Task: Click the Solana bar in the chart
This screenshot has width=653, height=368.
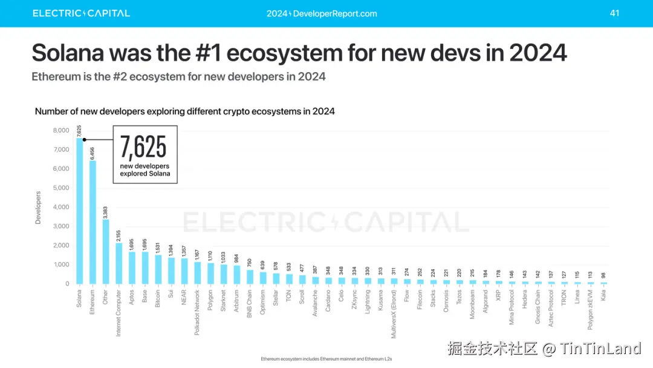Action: pyautogui.click(x=80, y=212)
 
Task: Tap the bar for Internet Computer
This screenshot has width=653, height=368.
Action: pyautogui.click(x=119, y=264)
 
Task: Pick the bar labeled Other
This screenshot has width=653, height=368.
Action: pyautogui.click(x=106, y=252)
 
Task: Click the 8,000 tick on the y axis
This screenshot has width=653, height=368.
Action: pyautogui.click(x=61, y=130)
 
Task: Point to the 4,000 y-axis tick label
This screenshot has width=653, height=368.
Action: pyautogui.click(x=61, y=207)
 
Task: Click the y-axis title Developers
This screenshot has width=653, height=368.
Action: pyautogui.click(x=38, y=208)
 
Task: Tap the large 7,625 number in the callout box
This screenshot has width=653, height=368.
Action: pyautogui.click(x=143, y=147)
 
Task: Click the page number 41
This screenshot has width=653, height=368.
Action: pyautogui.click(x=614, y=13)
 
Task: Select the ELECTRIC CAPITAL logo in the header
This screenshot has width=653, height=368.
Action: pyautogui.click(x=81, y=13)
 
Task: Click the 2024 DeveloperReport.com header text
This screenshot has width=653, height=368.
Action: pyautogui.click(x=322, y=13)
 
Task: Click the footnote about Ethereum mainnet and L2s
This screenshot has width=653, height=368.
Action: pyautogui.click(x=326, y=359)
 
